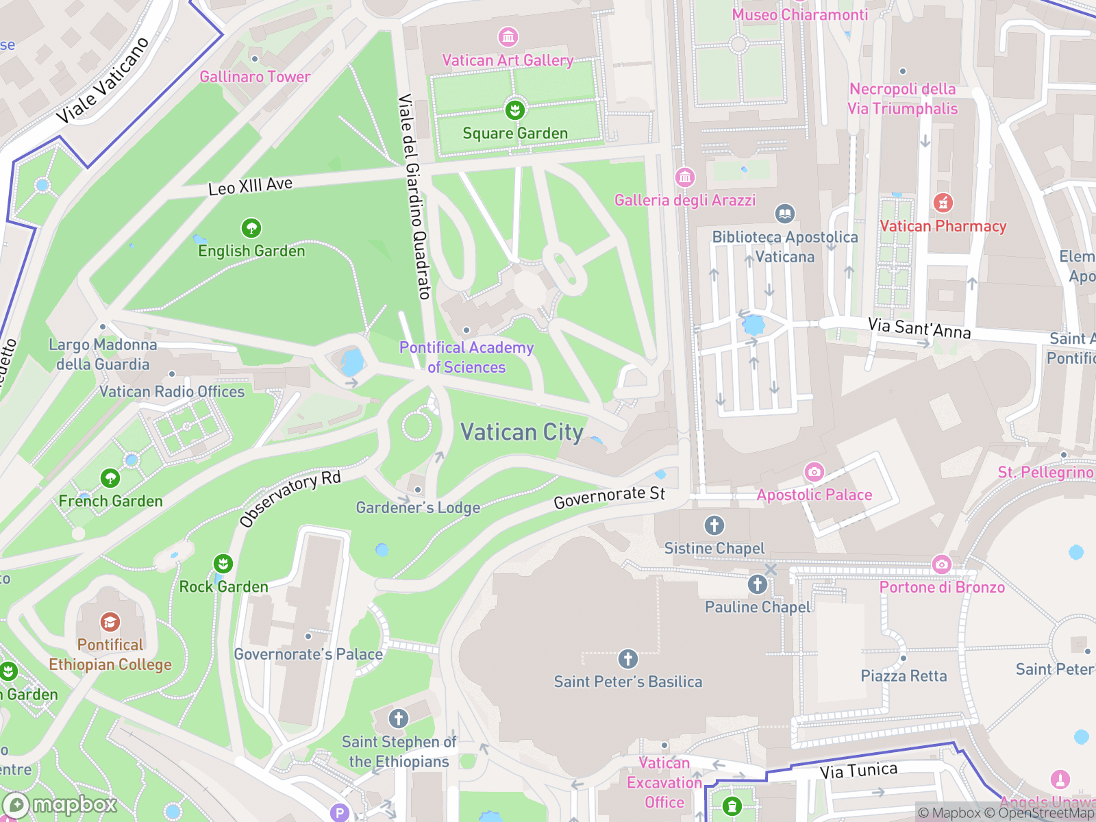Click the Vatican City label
[x=521, y=432]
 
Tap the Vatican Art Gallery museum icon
[x=508, y=36]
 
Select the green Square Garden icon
[x=514, y=110]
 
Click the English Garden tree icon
[x=251, y=227]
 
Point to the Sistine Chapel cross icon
[x=714, y=525]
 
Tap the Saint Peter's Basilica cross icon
[x=627, y=659]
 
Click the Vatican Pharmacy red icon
[x=943, y=203]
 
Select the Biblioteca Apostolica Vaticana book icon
[x=785, y=214]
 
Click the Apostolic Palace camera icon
[x=814, y=471]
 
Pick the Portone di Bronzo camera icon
[x=942, y=564]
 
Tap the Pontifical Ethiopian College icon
[x=110, y=622]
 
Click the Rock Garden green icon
[x=223, y=564]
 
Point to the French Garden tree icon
[x=110, y=477]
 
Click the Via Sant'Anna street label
[x=919, y=328]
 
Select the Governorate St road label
[x=609, y=497]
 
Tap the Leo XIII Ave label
[x=250, y=186]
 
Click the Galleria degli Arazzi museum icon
[x=684, y=177]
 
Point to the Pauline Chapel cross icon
[x=757, y=584]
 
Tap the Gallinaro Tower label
[x=255, y=77]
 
